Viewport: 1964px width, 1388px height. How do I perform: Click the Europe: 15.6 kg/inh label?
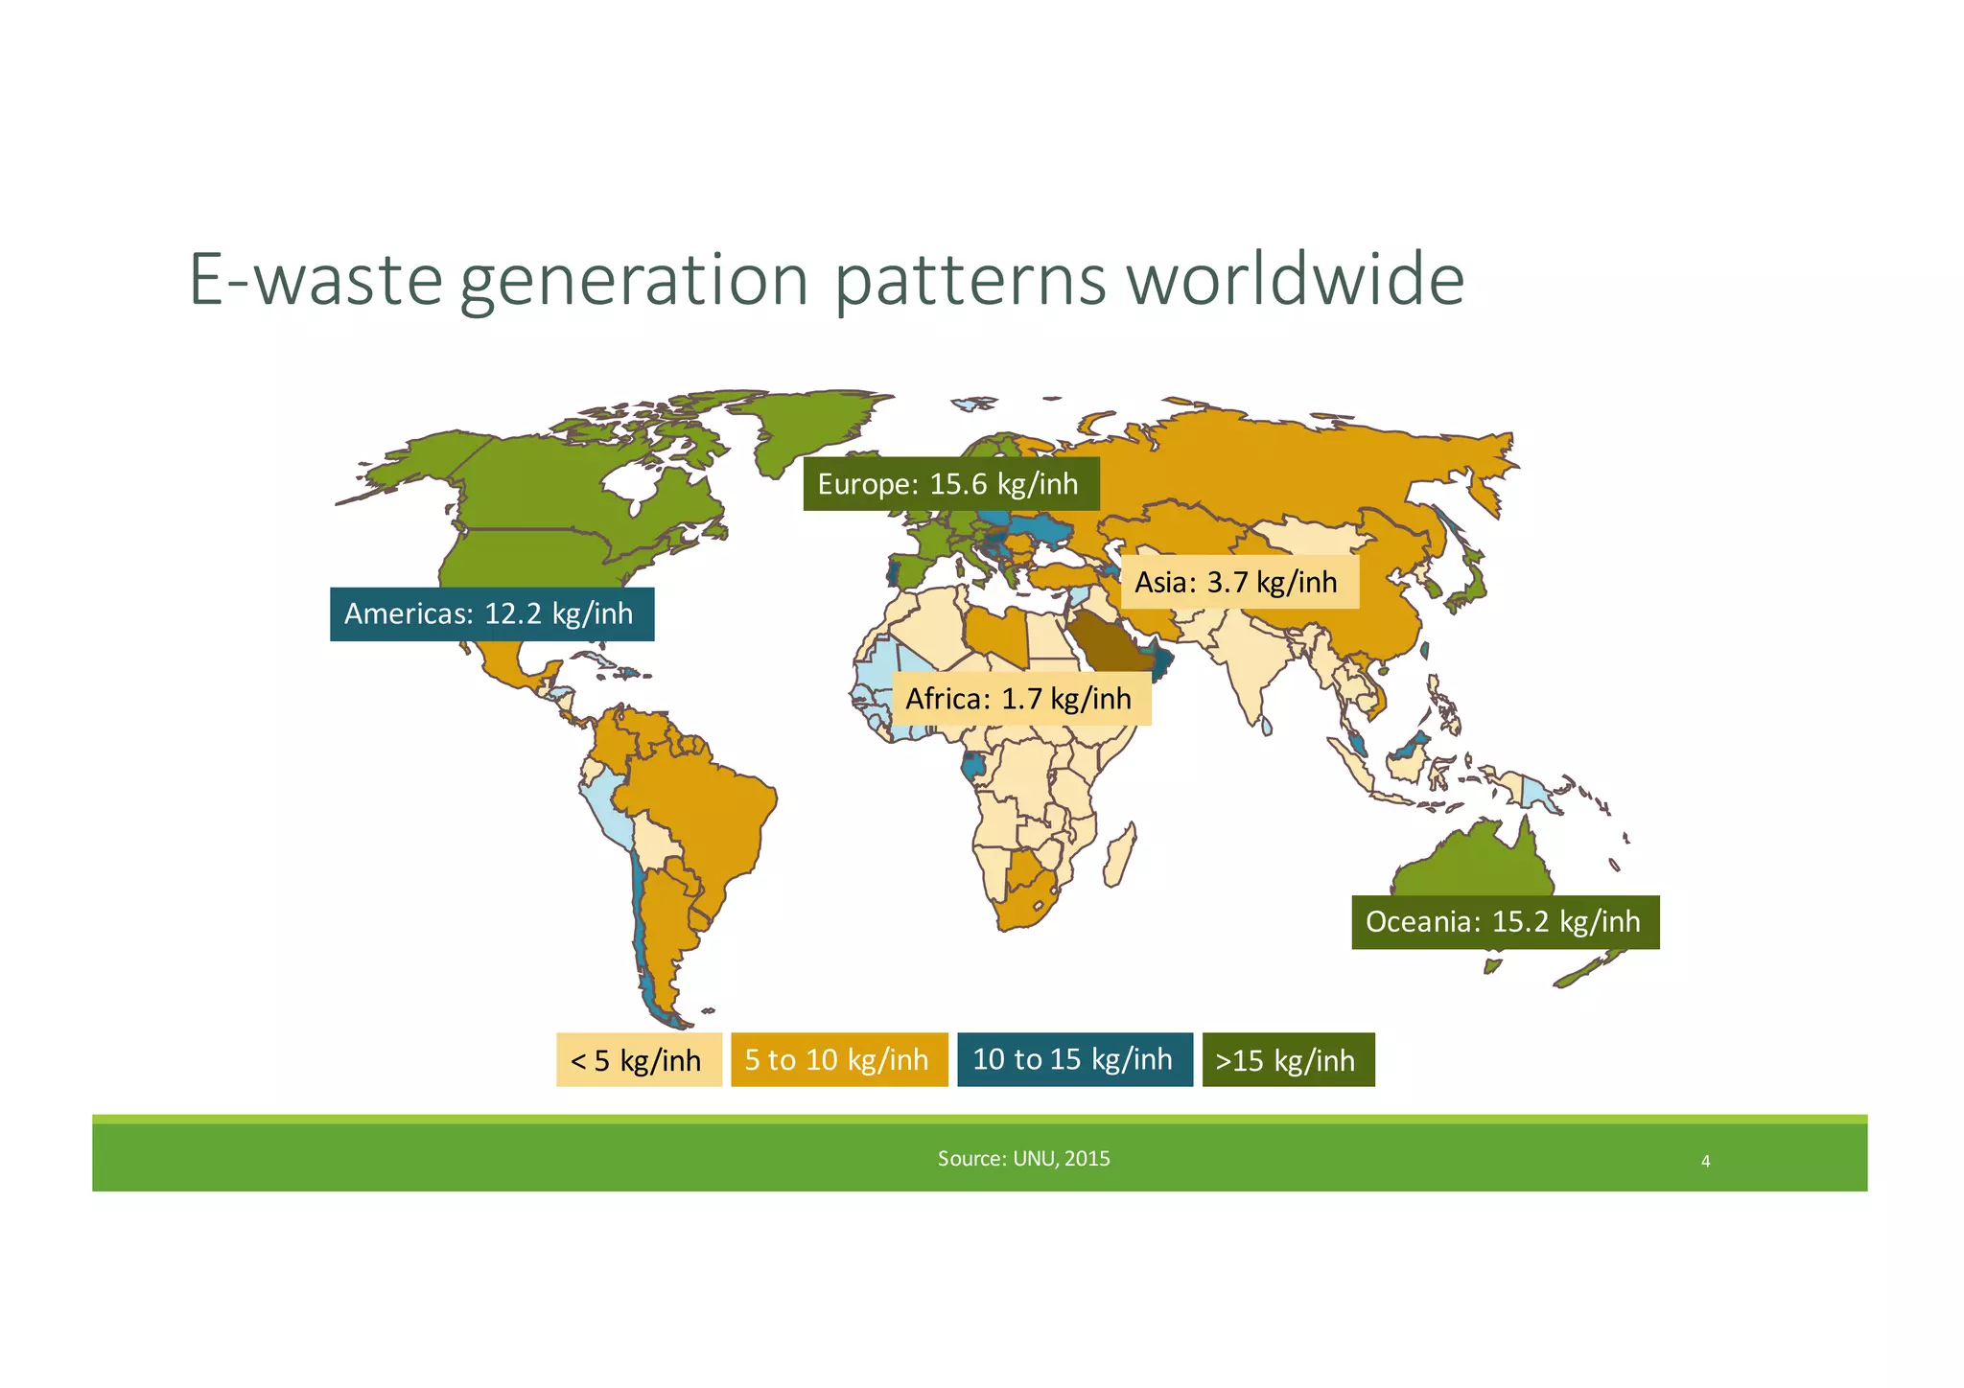(950, 484)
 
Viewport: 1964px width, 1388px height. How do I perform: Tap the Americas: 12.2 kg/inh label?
(491, 613)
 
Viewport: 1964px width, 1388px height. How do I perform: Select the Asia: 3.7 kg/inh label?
(1239, 582)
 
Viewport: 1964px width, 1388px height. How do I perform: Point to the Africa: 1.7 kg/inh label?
(1020, 699)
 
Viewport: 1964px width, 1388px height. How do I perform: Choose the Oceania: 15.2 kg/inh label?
(1504, 922)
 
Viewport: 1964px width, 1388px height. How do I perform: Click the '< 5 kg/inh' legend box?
(638, 1060)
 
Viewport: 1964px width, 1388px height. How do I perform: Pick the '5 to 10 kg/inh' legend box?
(838, 1060)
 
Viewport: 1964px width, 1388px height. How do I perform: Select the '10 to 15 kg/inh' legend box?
(1074, 1059)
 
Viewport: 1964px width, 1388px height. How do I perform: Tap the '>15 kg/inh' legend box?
(1287, 1060)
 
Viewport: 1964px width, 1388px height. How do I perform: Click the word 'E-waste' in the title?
(316, 280)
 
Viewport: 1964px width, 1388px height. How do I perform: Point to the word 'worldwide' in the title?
(1295, 280)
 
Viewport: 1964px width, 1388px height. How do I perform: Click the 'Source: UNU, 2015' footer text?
(1023, 1159)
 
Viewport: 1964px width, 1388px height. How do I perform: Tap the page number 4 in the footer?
(1705, 1162)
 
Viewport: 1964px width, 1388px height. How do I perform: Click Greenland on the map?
(815, 422)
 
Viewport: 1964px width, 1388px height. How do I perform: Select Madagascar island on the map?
(1120, 856)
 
